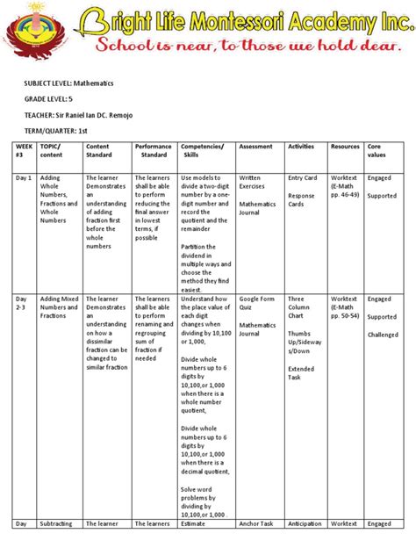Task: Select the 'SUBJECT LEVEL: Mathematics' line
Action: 68,83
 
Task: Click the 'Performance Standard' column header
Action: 154,150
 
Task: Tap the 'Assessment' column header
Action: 256,146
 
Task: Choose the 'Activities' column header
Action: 301,146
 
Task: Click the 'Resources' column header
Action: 345,146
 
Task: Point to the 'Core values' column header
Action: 379,150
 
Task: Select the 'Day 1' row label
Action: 23,177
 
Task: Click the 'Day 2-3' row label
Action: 23,303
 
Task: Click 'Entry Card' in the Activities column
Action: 303,177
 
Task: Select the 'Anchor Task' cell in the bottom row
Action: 256,524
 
